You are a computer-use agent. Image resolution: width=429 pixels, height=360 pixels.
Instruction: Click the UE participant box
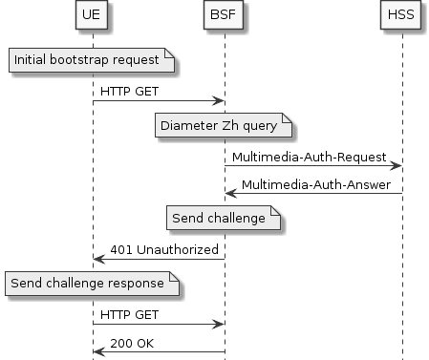click(x=93, y=16)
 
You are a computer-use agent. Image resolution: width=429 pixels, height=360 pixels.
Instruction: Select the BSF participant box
click(x=225, y=16)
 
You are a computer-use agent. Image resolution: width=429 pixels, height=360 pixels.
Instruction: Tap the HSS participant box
click(x=402, y=16)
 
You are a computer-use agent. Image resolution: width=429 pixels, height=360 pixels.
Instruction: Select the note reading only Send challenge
click(x=225, y=219)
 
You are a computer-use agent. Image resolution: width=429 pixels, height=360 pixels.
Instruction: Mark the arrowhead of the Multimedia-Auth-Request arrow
click(x=397, y=165)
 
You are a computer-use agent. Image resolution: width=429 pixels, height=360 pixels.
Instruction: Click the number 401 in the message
click(x=120, y=249)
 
